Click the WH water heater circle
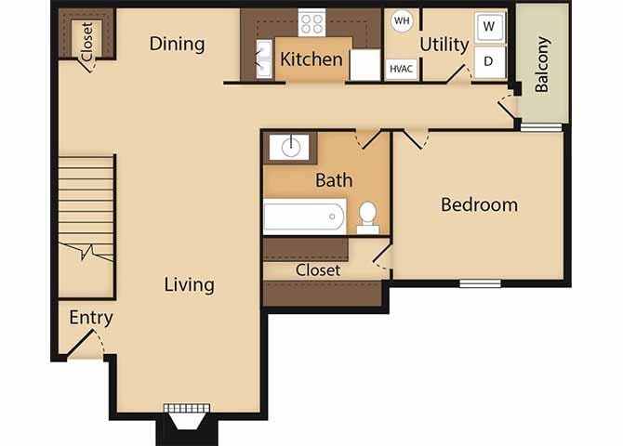pos(401,20)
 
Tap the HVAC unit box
pos(402,68)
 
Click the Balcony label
pos(543,64)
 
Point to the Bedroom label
pos(479,204)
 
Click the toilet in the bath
pos(367,216)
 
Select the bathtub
pos(304,216)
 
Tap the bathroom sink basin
pos(290,147)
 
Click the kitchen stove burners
pos(312,23)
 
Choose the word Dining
pos(177,44)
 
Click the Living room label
pos(190,284)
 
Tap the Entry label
pos(91,318)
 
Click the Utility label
pos(444,44)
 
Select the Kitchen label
pos(311,59)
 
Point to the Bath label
pos(333,179)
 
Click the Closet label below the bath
pos(318,269)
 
